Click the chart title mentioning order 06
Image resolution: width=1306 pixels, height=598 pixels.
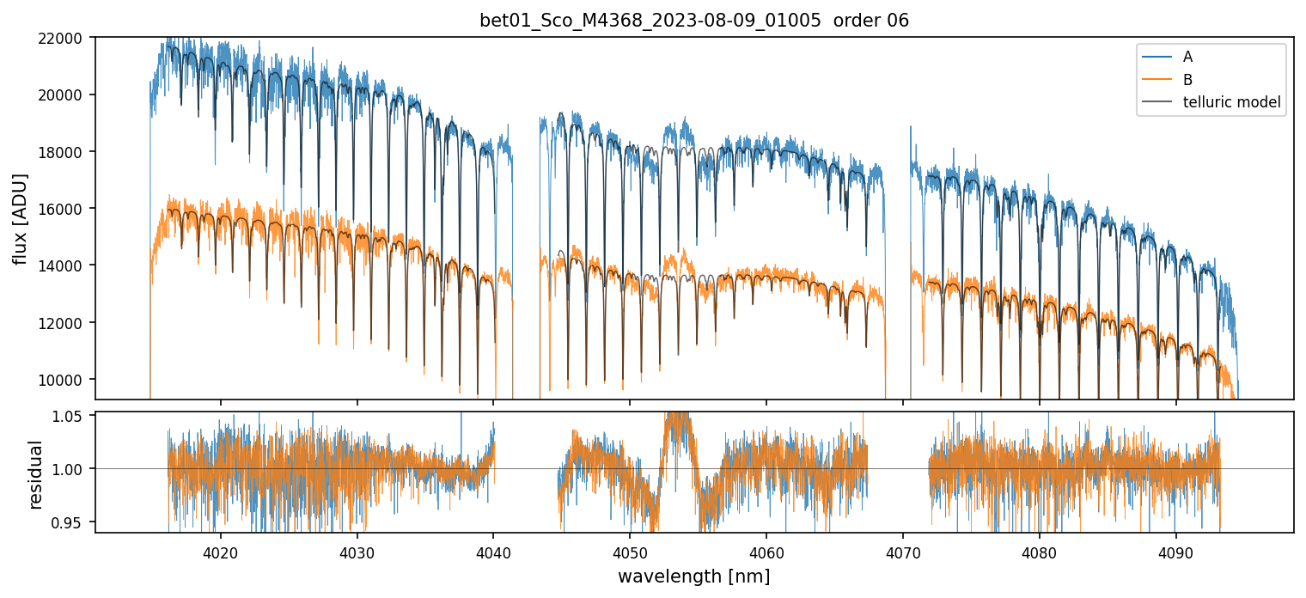(694, 21)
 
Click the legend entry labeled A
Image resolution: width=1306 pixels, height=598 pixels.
(1187, 57)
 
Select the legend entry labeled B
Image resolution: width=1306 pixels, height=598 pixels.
(1187, 80)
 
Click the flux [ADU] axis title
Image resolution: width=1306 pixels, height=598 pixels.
(20, 218)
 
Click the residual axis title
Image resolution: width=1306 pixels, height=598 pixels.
(35, 473)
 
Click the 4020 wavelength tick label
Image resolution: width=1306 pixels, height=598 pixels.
(220, 551)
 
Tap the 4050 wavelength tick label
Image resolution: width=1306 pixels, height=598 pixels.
(630, 551)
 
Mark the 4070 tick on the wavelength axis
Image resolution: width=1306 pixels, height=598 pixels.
(903, 551)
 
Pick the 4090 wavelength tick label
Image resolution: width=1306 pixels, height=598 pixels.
(1176, 551)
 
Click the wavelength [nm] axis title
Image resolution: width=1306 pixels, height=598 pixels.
(694, 576)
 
